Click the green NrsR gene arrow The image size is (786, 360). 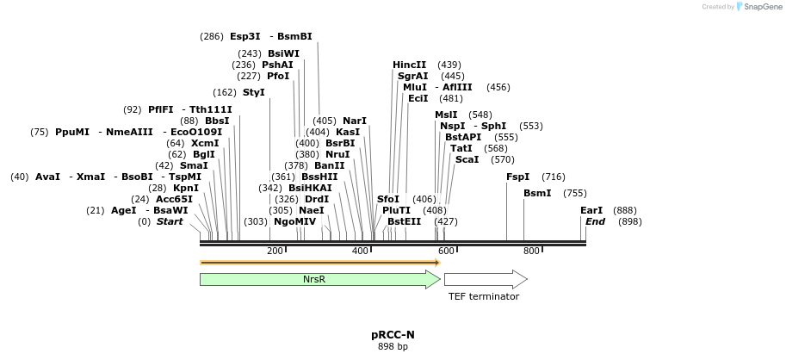[x=314, y=279]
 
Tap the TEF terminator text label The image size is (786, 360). [x=484, y=296]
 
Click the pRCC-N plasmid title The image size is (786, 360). [x=393, y=334]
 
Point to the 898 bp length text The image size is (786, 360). [x=393, y=346]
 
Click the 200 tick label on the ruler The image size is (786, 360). [x=275, y=251]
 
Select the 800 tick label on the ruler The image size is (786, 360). [x=531, y=251]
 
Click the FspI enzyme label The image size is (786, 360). [x=518, y=177]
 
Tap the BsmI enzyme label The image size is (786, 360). [x=537, y=193]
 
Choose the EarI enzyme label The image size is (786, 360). [x=591, y=210]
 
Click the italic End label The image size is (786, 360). [x=595, y=221]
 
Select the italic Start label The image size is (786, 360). [x=170, y=221]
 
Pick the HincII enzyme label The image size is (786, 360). [x=410, y=65]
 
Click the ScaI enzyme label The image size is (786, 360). [x=467, y=159]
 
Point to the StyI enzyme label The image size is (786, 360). [x=254, y=92]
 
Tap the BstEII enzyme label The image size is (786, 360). [x=405, y=221]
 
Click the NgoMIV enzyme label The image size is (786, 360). [x=295, y=221]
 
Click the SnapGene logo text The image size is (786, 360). [x=759, y=7]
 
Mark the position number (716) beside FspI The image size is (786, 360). [x=554, y=177]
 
